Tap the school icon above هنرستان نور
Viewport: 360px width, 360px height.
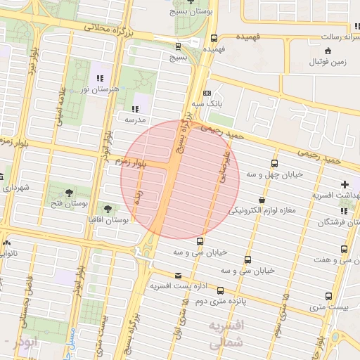point(100,78)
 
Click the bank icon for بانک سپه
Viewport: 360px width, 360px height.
point(206,93)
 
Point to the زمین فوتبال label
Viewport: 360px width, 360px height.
point(328,61)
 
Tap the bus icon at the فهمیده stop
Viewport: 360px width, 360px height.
point(214,39)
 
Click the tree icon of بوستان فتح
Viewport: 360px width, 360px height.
point(69,193)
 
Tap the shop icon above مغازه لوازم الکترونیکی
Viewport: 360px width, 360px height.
point(262,200)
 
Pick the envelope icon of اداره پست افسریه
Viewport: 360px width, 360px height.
point(177,275)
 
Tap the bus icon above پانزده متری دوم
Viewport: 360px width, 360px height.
point(220,290)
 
